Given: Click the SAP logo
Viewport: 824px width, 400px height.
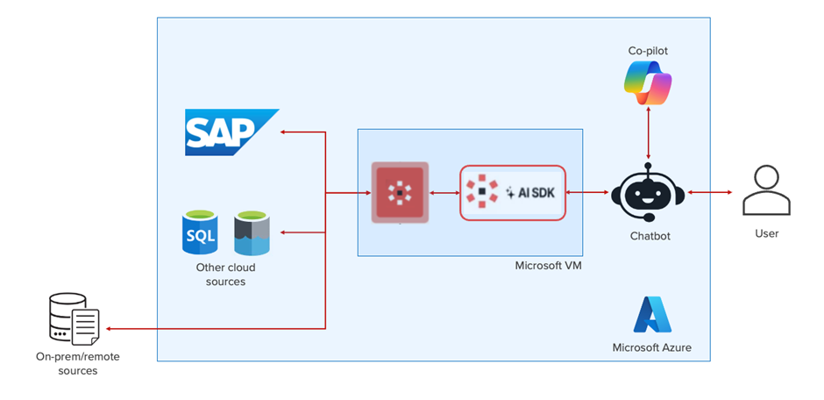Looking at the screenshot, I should coord(230,132).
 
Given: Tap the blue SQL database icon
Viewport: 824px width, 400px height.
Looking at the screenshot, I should coord(199,232).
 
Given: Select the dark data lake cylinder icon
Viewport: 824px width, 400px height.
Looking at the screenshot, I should coord(252,232).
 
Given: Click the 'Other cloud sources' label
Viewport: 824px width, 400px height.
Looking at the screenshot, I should coord(225,275).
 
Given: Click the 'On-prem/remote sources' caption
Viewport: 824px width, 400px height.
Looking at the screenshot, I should coord(67,363).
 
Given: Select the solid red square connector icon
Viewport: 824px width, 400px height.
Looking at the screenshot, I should coord(400,191).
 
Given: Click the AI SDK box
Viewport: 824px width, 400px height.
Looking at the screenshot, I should coord(513,192).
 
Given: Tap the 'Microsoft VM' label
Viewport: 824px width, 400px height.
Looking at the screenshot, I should coord(548,265).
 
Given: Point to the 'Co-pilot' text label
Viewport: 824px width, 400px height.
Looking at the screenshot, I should coord(648,51).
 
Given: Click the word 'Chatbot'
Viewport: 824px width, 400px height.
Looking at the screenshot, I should coord(648,236).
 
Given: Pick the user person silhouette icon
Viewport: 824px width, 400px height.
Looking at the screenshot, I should coord(766,191).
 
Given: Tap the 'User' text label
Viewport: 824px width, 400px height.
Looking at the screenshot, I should coord(766,233).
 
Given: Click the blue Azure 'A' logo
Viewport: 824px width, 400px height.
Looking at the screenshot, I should coord(651,315).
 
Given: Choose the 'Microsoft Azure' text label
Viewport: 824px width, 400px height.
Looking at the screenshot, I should coord(651,347).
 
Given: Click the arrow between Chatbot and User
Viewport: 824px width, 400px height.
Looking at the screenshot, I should coord(709,192).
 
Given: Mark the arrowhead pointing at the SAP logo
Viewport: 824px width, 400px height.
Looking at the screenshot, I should coord(283,132).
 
